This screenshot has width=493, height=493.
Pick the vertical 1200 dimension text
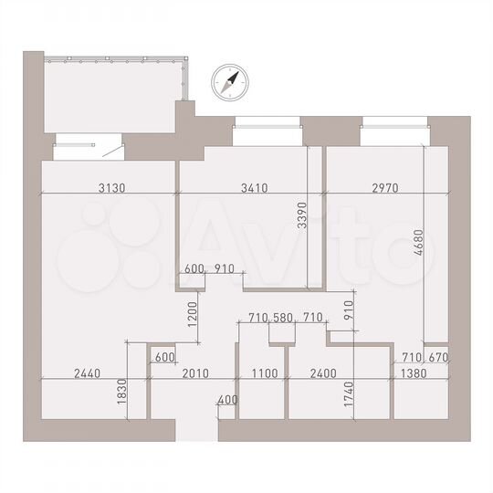coord(193,312)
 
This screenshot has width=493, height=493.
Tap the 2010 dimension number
coord(195,373)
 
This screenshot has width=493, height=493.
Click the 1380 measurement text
coord(414,373)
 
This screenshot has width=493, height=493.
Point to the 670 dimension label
coord(439,357)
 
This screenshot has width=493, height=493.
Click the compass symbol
coord(228,83)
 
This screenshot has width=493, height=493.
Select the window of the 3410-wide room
coord(267,134)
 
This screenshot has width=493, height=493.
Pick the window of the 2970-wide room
coord(393,134)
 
